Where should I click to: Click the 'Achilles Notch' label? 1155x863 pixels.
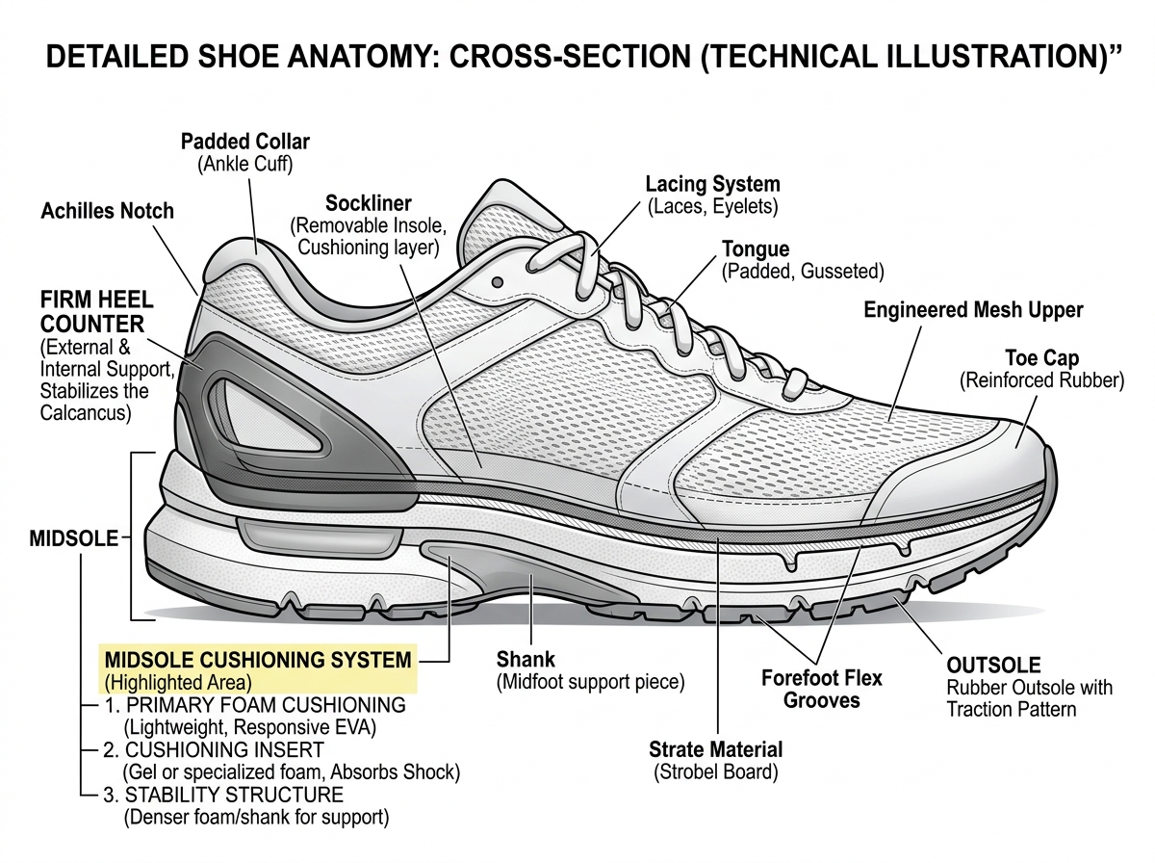pyautogui.click(x=107, y=211)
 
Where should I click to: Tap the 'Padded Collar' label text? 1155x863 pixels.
pyautogui.click(x=245, y=142)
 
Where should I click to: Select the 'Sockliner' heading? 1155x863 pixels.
pyautogui.click(x=368, y=203)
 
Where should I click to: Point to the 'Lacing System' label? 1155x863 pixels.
pyautogui.click(x=712, y=183)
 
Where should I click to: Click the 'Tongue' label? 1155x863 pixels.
pyautogui.click(x=756, y=250)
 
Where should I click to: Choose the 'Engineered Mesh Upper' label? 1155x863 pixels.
pyautogui.click(x=973, y=310)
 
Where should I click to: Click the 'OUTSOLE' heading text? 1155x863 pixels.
pyautogui.click(x=993, y=666)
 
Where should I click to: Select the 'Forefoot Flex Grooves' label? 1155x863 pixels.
pyautogui.click(x=821, y=689)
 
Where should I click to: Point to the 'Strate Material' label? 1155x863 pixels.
pyautogui.click(x=715, y=749)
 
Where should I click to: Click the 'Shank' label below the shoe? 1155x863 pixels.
pyautogui.click(x=526, y=660)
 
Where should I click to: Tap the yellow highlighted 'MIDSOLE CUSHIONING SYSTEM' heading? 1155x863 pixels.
pyautogui.click(x=257, y=661)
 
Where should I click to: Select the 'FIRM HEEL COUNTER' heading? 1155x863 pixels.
pyautogui.click(x=92, y=311)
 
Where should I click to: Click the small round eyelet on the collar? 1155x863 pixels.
pyautogui.click(x=498, y=282)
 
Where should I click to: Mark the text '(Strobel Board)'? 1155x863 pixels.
pyautogui.click(x=715, y=771)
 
